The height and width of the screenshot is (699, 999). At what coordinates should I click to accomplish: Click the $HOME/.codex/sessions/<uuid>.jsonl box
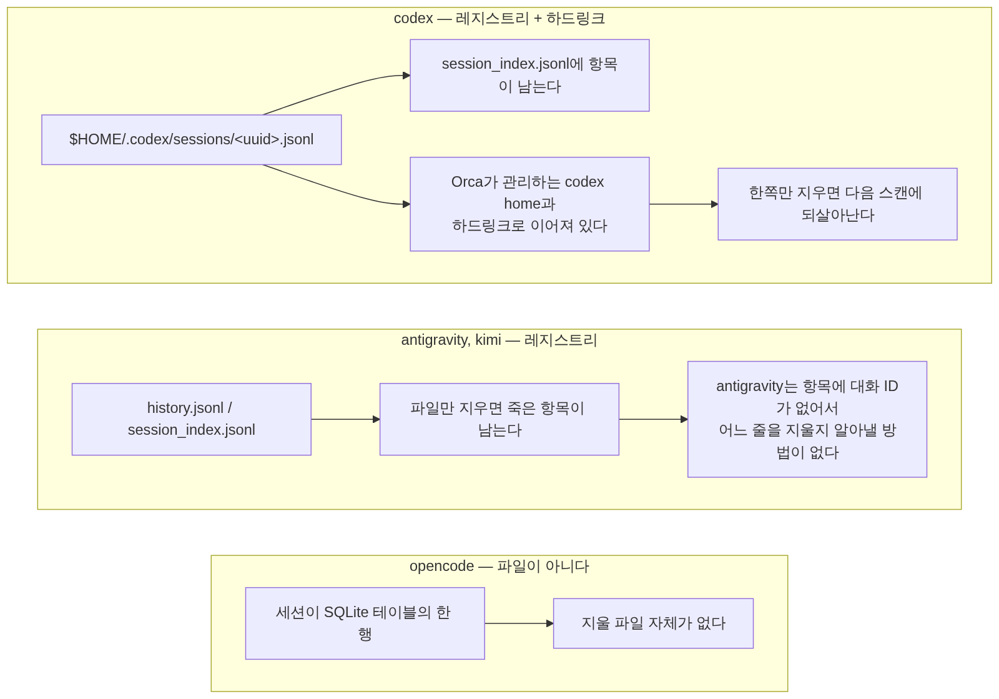pos(191,140)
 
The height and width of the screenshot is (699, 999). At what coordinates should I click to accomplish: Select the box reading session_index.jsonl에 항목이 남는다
pos(529,76)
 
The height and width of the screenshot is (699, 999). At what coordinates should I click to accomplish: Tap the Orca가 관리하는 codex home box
pos(529,204)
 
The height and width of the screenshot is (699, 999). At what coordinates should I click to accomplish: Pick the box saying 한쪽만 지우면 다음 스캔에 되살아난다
pos(837,204)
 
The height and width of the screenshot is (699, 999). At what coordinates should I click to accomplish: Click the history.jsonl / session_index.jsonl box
pos(191,419)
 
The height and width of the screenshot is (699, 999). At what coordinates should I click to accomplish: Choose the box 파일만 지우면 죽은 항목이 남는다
pos(499,419)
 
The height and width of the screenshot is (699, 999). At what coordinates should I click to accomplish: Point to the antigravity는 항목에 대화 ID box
pos(807,419)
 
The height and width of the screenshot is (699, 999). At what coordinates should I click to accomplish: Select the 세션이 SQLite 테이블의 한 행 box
pos(365,623)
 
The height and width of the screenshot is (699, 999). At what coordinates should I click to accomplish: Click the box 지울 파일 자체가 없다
pos(653,623)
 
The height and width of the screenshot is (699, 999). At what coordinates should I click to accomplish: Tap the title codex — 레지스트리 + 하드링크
pos(499,18)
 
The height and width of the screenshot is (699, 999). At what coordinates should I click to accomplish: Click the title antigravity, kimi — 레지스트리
pos(499,340)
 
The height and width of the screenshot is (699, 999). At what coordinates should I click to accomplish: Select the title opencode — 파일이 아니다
pos(499,566)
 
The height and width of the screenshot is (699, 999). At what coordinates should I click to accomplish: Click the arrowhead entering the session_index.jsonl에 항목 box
pos(406,76)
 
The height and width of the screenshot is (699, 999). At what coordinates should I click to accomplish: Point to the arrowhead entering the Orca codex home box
pos(406,204)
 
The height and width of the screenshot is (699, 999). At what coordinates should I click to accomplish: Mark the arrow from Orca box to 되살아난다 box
pos(684,204)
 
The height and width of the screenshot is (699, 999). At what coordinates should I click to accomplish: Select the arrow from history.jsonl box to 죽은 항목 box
pos(346,419)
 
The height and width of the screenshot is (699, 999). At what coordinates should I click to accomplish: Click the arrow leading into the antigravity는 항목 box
pos(653,419)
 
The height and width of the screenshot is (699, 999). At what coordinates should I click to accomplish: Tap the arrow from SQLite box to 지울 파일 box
pos(519,623)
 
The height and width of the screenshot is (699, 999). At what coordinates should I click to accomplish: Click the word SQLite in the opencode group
pos(346,612)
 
